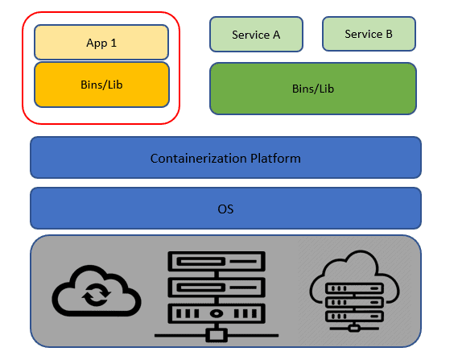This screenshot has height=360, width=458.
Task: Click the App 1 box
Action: (101, 42)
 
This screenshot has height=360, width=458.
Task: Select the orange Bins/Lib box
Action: (101, 85)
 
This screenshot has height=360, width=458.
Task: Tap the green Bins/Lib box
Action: (312, 88)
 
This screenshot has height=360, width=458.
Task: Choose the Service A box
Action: (256, 35)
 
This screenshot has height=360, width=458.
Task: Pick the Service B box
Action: (369, 34)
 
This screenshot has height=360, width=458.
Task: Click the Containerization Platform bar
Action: (225, 158)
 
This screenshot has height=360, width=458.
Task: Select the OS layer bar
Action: (225, 209)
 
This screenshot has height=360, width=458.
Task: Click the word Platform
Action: (279, 158)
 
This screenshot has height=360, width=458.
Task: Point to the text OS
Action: (225, 209)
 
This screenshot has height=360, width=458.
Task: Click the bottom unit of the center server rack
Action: (216, 312)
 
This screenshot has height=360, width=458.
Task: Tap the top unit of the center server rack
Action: (216, 262)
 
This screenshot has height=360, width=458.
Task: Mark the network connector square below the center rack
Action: (216, 334)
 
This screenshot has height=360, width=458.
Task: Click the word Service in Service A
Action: (249, 35)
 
